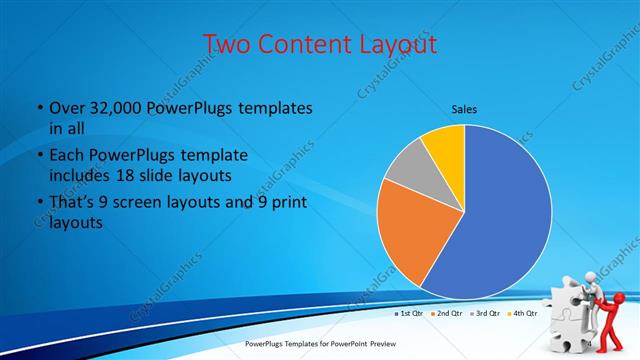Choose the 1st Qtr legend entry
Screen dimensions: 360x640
click(x=410, y=314)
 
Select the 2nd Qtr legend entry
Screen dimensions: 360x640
click(x=448, y=314)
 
